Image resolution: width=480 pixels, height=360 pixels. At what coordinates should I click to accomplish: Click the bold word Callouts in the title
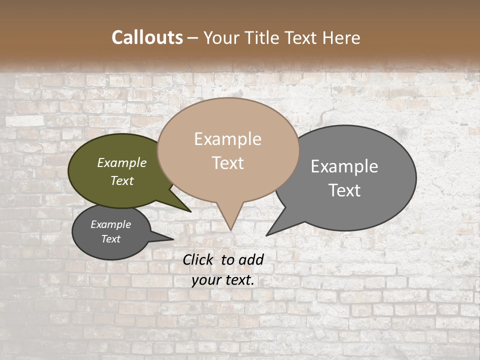[147, 37]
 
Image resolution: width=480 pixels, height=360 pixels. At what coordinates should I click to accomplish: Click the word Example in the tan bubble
[227, 139]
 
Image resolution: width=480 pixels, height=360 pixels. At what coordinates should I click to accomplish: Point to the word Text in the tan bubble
[227, 162]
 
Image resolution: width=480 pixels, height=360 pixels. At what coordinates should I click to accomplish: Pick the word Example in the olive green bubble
[121, 162]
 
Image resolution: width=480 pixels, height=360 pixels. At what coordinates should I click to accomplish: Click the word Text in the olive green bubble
[121, 180]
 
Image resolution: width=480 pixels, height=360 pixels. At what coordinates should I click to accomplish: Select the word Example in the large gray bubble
[344, 166]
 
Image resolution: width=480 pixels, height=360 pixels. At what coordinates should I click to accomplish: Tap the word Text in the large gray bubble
[344, 190]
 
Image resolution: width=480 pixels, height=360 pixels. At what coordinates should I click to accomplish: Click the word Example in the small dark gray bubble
[110, 224]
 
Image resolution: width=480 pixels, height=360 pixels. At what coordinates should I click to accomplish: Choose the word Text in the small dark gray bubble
[110, 239]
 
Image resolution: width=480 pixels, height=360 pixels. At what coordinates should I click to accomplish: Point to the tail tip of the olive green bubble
[190, 211]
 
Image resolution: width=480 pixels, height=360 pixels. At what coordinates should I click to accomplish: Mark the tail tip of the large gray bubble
[267, 235]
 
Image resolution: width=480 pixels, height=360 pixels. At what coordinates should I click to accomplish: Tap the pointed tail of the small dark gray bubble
[172, 239]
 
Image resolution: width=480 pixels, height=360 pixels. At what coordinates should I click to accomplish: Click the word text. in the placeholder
[238, 280]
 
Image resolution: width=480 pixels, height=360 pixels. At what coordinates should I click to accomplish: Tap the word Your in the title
[221, 37]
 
